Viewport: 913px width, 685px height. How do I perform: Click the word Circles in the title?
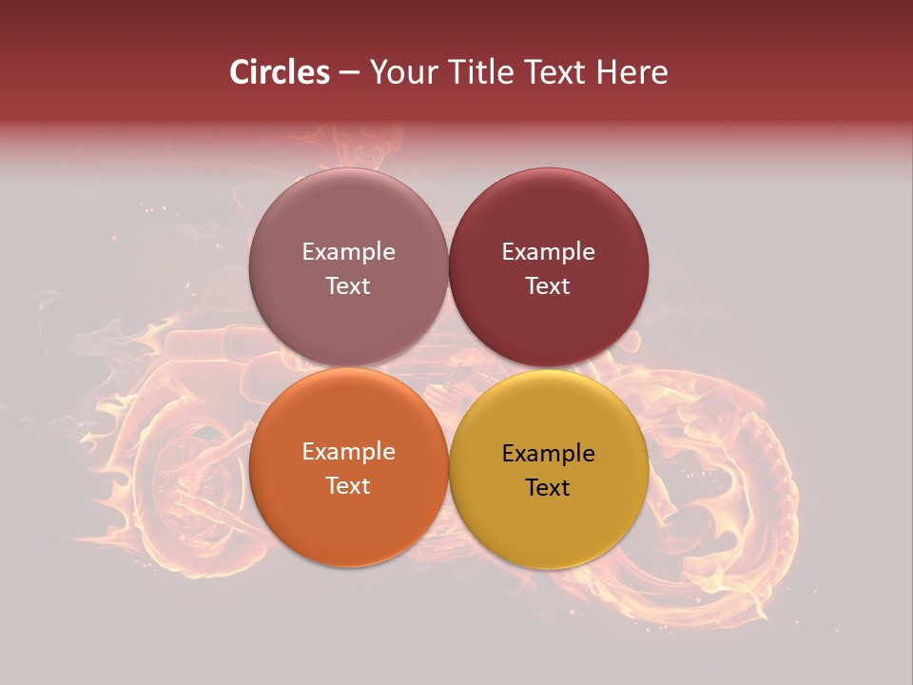coord(279,72)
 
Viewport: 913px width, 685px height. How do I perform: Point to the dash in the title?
coord(349,73)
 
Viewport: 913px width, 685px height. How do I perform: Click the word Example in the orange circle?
coord(348,452)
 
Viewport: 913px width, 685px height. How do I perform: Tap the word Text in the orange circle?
coord(348,485)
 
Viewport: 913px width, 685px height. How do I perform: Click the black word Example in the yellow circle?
coord(549,454)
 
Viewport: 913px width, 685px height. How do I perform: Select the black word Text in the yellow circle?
coord(549,487)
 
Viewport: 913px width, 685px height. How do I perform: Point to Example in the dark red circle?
coord(549,252)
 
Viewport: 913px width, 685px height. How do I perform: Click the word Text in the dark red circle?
coord(549,285)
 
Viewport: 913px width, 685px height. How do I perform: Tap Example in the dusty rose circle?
coord(348,252)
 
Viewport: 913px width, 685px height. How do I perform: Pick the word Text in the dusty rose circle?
coord(348,285)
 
